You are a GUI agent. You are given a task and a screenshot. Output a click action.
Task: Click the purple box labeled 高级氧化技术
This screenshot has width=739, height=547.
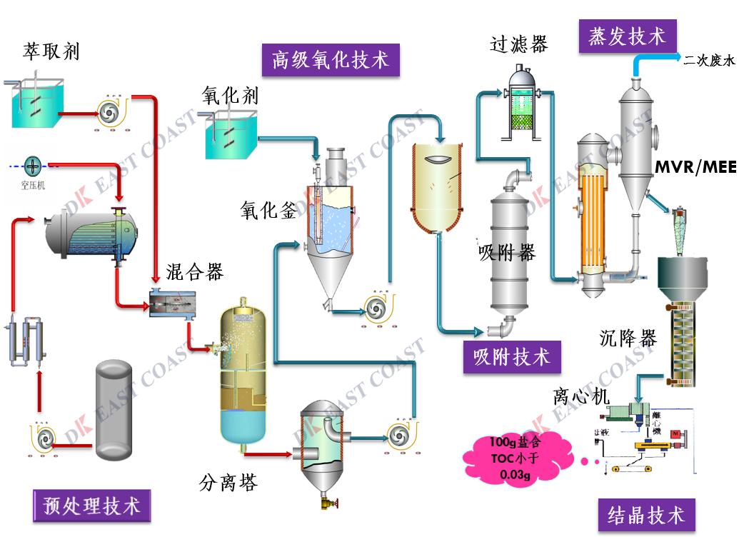pyautogui.click(x=330, y=60)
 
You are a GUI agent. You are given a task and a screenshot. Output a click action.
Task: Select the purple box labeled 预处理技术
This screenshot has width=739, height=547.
pyautogui.click(x=92, y=506)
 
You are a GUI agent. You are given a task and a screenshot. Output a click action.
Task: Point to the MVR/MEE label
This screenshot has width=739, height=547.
pyautogui.click(x=696, y=167)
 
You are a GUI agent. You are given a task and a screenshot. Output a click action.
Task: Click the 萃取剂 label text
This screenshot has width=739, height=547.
pyautogui.click(x=51, y=52)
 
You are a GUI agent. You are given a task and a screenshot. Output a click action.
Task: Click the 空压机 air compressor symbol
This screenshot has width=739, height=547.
pyautogui.click(x=33, y=166)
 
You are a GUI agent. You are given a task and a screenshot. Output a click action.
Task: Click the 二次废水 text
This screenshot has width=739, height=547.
pyautogui.click(x=708, y=61)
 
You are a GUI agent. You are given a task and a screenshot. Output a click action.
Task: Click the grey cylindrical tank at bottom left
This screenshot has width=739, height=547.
pyautogui.click(x=114, y=404)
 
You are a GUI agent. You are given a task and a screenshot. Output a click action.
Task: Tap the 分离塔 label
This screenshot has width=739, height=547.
pyautogui.click(x=228, y=483)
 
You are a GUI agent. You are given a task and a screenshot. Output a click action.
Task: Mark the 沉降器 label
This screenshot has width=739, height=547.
pyautogui.click(x=628, y=338)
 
